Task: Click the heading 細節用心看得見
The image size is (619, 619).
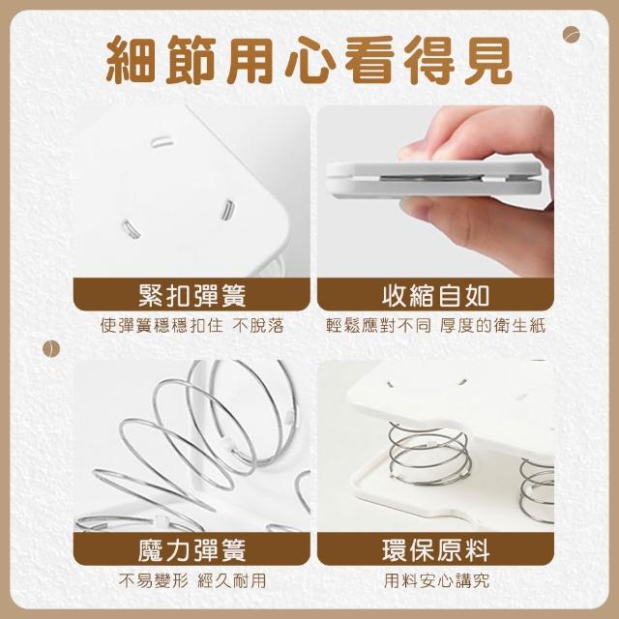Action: click(309, 60)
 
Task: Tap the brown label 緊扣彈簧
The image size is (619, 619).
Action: click(192, 295)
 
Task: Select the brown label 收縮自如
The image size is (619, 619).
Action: click(435, 295)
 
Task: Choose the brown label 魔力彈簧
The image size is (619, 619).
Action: click(192, 549)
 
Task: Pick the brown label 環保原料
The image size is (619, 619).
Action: click(435, 549)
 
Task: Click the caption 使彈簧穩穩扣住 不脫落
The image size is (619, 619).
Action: click(192, 326)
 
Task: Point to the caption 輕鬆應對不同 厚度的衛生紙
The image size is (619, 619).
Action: click(435, 326)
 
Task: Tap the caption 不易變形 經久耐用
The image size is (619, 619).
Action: click(192, 580)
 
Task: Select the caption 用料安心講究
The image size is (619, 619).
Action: click(436, 580)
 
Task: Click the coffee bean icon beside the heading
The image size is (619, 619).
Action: click(571, 35)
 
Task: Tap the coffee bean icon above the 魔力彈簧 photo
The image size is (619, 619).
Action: click(51, 349)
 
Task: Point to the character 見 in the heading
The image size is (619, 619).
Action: click(488, 60)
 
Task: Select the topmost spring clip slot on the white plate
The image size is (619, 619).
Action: click(162, 141)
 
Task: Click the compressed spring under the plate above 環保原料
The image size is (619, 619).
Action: click(429, 454)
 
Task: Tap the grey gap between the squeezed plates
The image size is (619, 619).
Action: click(431, 178)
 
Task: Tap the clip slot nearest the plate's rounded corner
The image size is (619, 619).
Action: click(228, 209)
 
